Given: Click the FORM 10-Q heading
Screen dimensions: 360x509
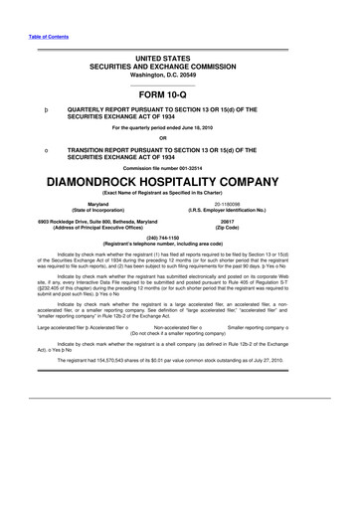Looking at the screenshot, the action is pyautogui.click(x=181, y=93).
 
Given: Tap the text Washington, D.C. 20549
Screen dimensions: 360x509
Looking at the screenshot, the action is pyautogui.click(x=181, y=74).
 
